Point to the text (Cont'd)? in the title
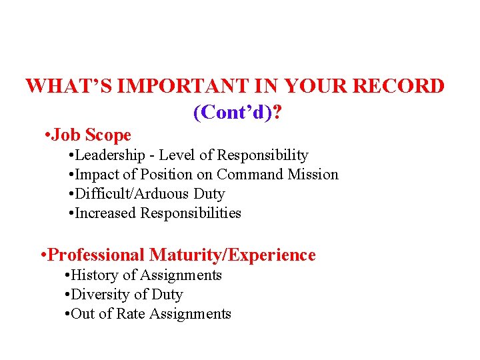pos(237,113)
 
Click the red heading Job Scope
pos(91,135)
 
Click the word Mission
pos(313,175)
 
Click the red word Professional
pos(97,255)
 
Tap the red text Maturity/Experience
pos(233,255)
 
